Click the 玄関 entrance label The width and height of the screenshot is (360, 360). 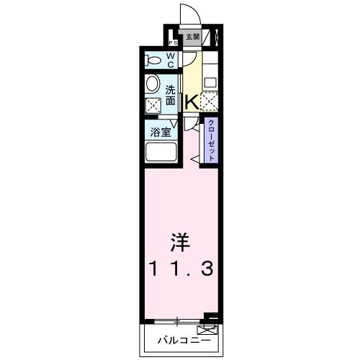pos(192,38)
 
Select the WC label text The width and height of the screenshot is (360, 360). pos(171,59)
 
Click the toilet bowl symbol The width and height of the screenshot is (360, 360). pos(154,59)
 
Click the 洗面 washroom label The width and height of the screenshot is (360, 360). pos(171,96)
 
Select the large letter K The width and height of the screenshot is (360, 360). pos(192,103)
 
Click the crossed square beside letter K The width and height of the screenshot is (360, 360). pos(209,102)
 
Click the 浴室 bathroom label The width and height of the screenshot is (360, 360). pos(160,132)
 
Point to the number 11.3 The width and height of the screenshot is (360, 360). pos(180,269)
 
